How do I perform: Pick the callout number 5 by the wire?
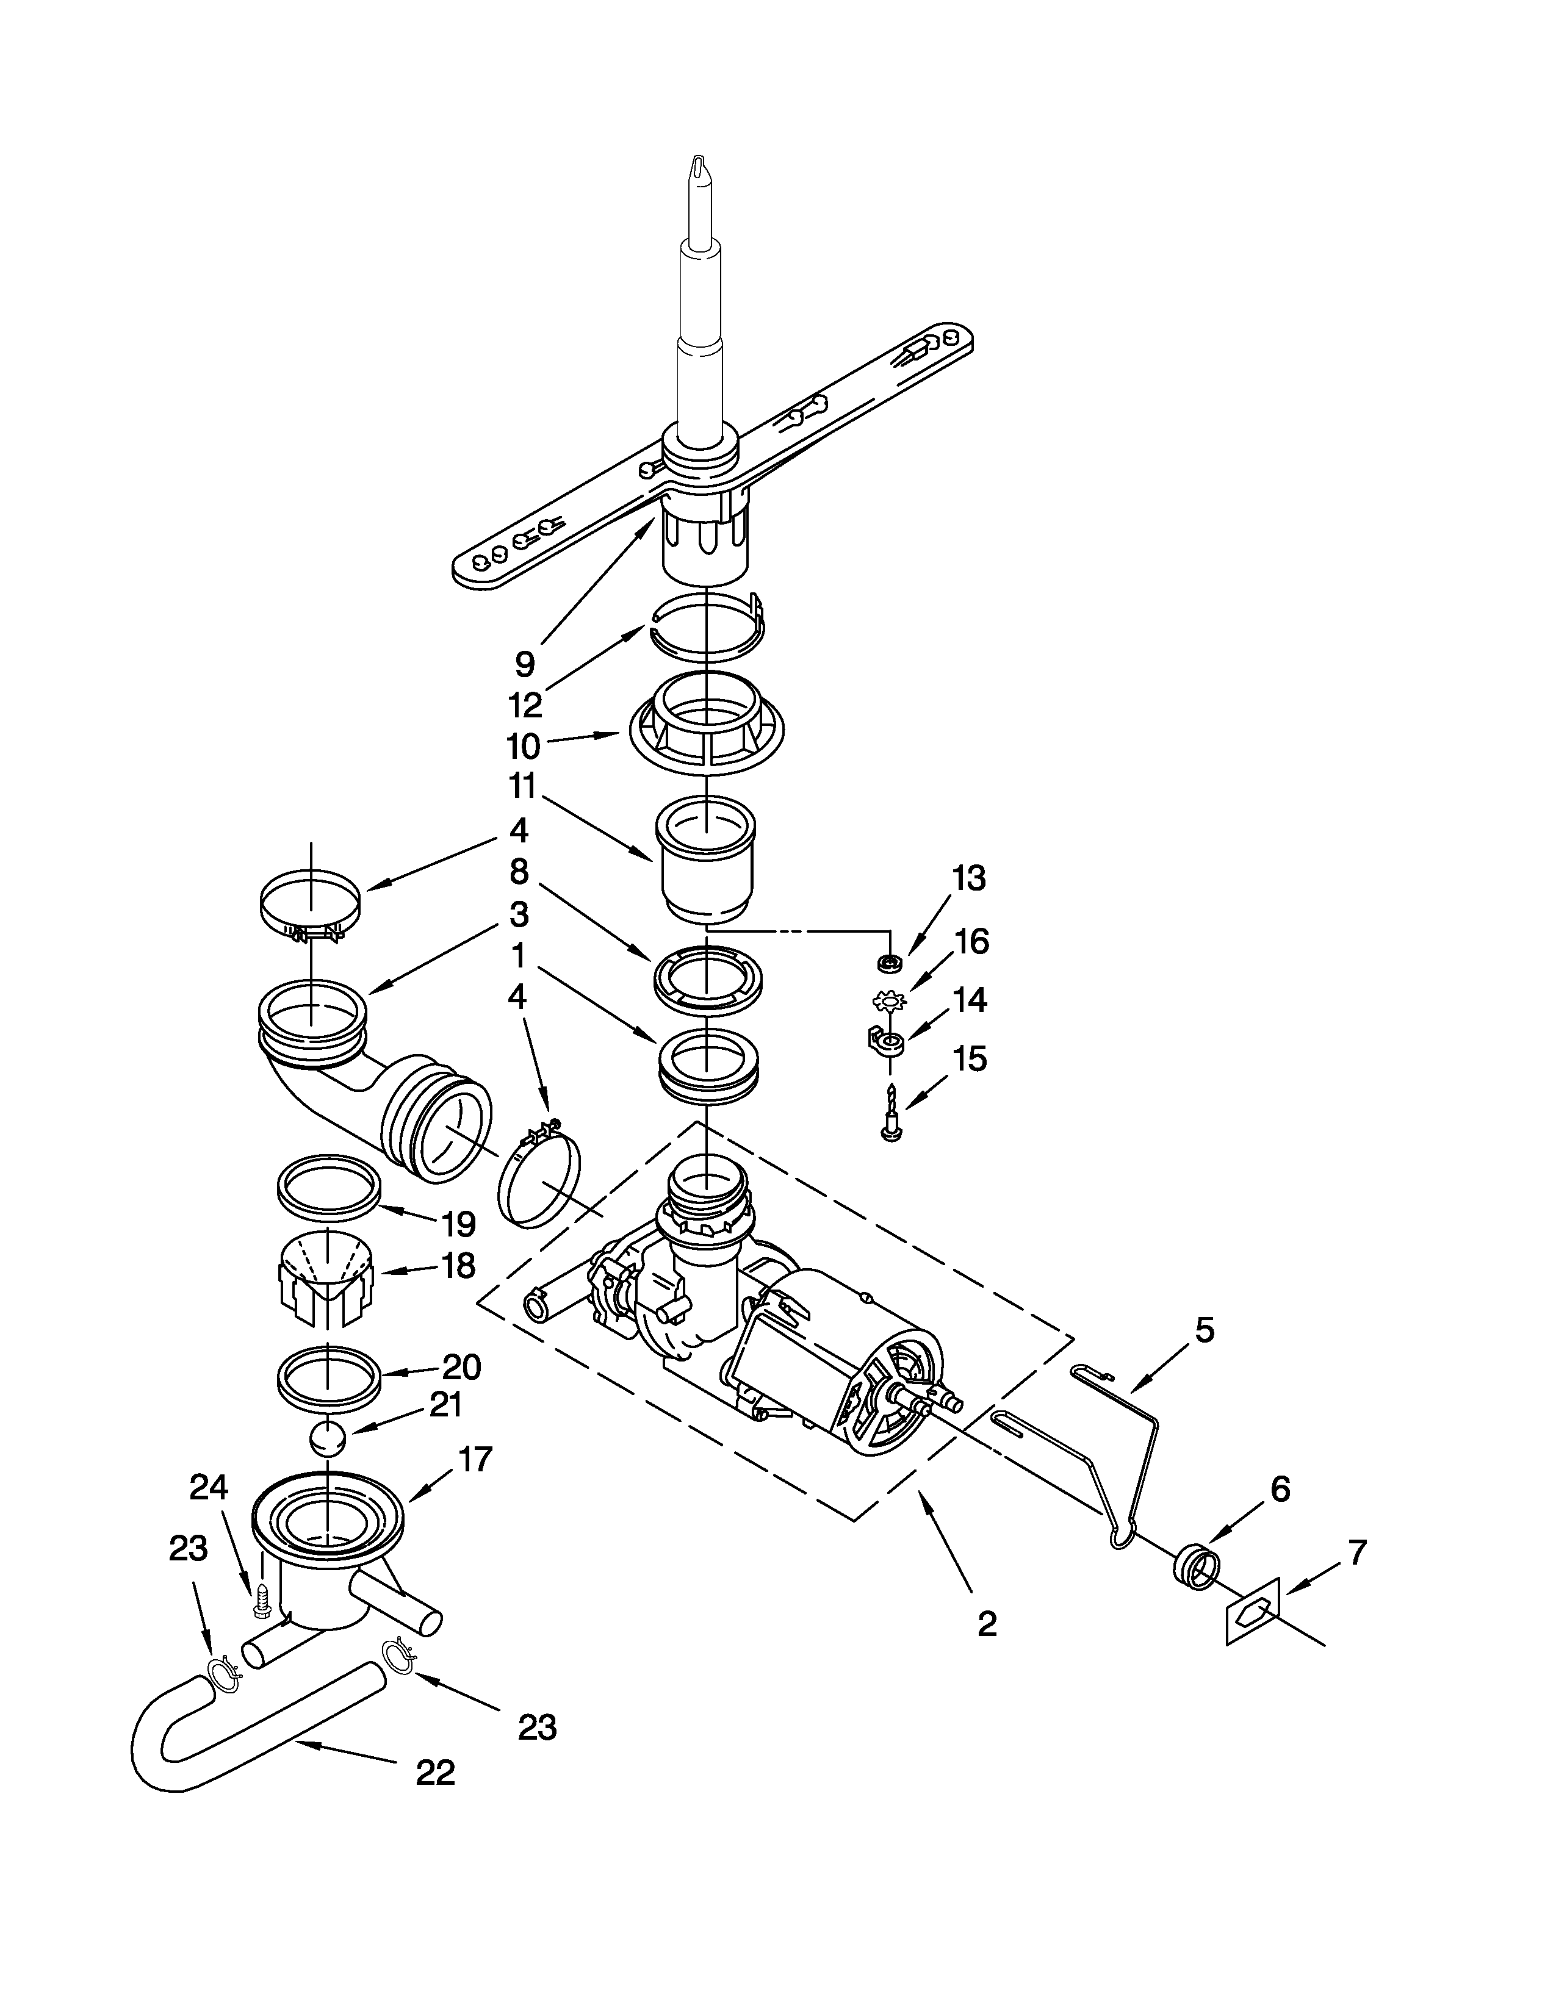coord(1204,1330)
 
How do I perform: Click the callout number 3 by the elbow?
coord(519,914)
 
